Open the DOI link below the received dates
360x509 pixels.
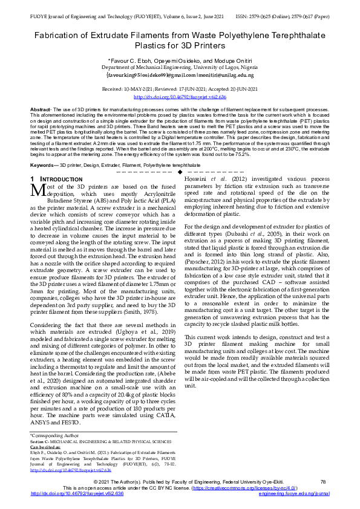180,97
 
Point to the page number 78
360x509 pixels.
323,481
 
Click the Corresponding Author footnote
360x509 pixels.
54,435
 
